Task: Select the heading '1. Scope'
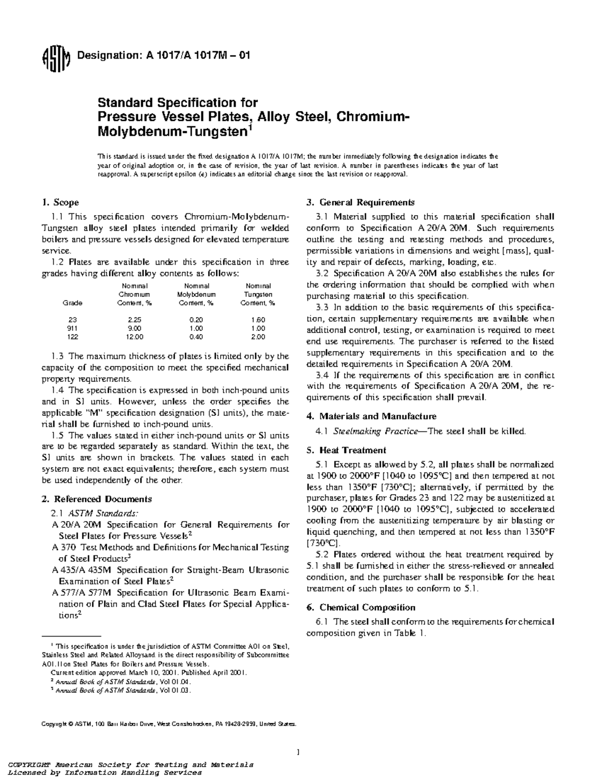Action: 60,203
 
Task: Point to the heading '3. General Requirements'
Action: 360,203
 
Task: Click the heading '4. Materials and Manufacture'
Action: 371,416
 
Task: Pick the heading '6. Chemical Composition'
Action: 361,607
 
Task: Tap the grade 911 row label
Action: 72,329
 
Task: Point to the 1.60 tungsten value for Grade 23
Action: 258,320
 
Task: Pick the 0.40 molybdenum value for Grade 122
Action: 196,337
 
